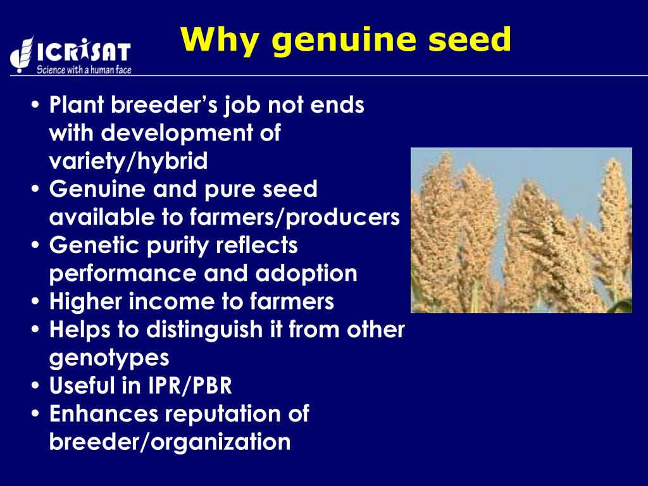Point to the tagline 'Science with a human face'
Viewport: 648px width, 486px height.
pyautogui.click(x=84, y=70)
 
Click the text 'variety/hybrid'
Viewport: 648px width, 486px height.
pyautogui.click(x=128, y=161)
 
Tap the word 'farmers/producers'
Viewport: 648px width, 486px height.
pyautogui.click(x=294, y=217)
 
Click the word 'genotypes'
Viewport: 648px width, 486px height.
pyautogui.click(x=109, y=358)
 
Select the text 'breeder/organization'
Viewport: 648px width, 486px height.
pyautogui.click(x=170, y=442)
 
